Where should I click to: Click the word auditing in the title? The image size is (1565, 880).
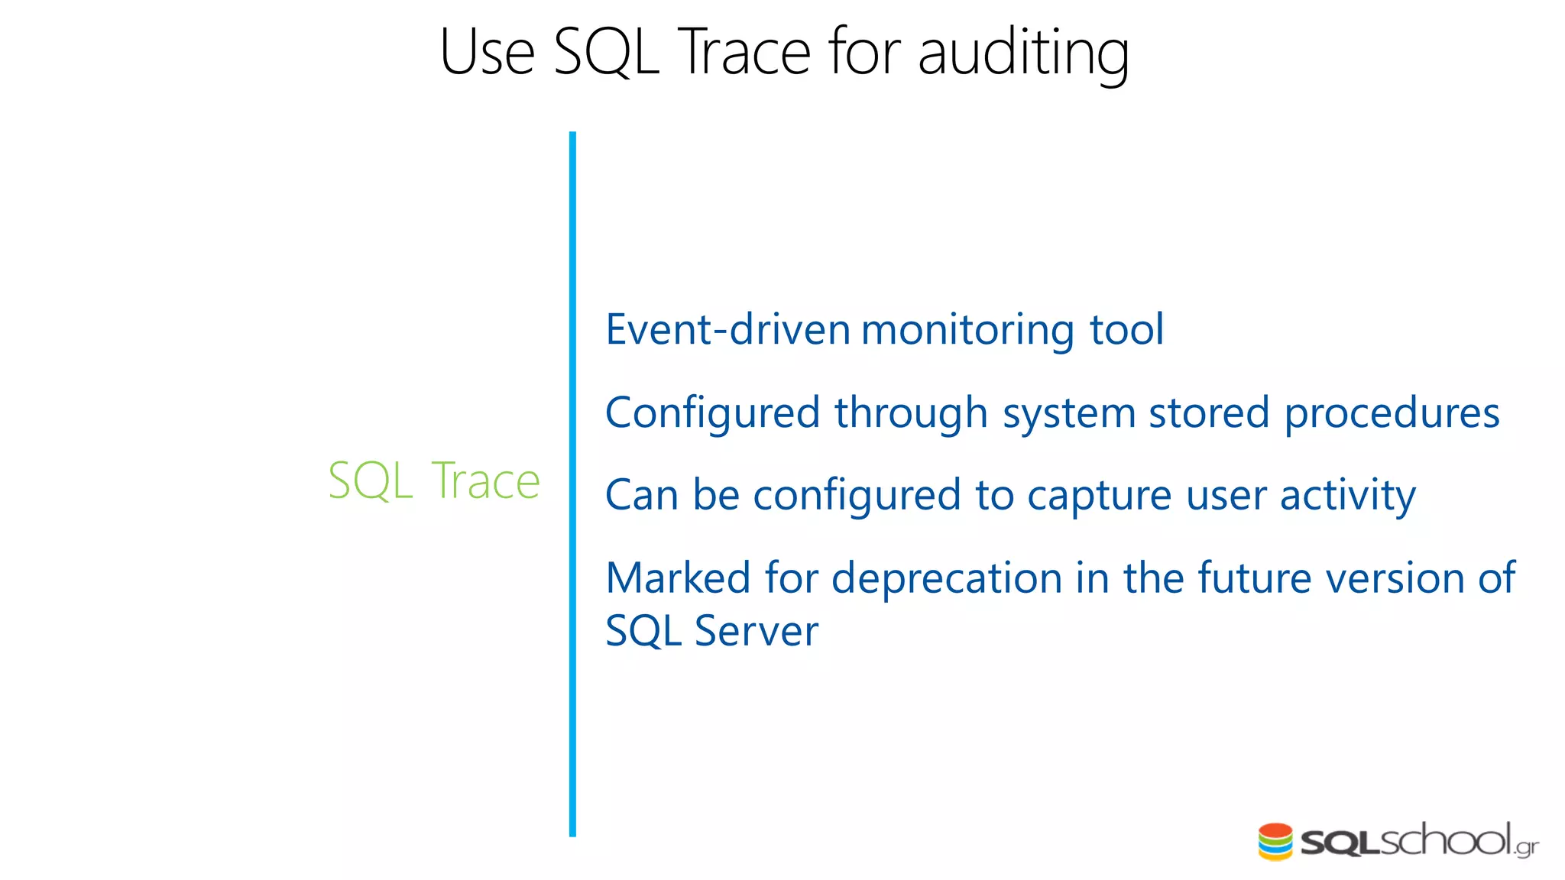point(1023,53)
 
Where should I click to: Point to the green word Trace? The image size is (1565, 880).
point(486,481)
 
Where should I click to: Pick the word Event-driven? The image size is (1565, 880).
point(727,330)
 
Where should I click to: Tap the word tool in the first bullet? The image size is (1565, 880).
point(1126,330)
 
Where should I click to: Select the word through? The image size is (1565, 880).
point(911,413)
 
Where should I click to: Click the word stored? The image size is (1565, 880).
point(1209,413)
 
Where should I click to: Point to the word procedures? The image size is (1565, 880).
point(1392,413)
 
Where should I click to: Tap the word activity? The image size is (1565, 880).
point(1348,496)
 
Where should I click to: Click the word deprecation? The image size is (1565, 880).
point(947,578)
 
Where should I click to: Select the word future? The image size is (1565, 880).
point(1255,578)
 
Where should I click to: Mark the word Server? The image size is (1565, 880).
point(756,632)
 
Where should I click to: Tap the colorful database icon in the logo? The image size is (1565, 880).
point(1275,842)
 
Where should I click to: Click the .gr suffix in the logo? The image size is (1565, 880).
point(1527,847)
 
